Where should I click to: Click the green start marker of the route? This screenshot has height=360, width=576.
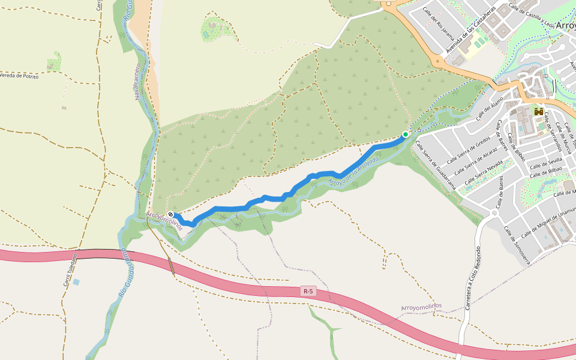(x=406, y=134)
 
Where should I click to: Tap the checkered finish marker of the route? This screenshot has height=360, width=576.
(x=171, y=215)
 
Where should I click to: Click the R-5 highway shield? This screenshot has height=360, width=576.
(x=308, y=292)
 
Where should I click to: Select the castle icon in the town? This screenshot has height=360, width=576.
(x=539, y=112)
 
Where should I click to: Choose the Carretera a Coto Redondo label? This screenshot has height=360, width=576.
(x=473, y=278)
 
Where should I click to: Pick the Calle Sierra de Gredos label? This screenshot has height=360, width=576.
(x=470, y=152)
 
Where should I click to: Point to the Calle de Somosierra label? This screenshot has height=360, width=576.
(x=517, y=245)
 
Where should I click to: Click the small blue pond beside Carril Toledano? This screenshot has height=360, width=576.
(x=76, y=281)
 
